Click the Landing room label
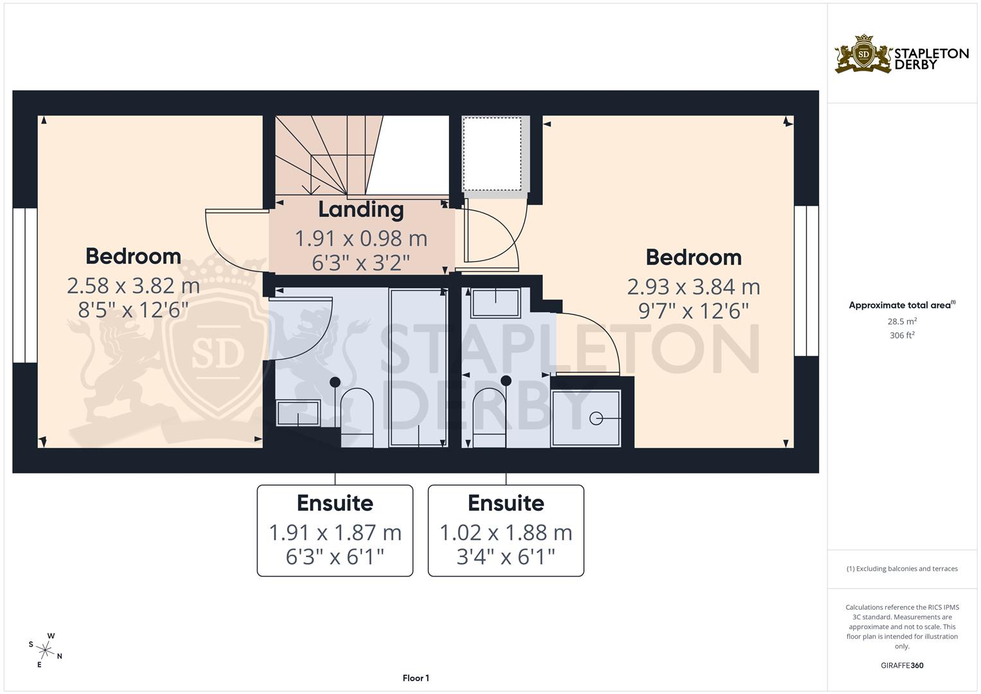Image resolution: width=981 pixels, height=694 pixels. coord(361,209)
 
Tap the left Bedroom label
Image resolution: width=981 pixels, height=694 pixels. coord(133,256)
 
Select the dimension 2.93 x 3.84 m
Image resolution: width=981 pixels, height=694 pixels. coord(693,287)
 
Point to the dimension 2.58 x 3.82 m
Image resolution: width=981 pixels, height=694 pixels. coord(133,286)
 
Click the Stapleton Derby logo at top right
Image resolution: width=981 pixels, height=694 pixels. coord(901,54)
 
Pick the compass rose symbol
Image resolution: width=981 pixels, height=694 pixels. coord(47,649)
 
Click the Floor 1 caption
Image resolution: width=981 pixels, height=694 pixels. coord(416,678)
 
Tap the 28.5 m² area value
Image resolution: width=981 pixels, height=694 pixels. coord(902,321)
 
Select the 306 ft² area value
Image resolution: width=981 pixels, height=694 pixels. coord(902,335)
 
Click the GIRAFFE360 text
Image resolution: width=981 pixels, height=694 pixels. coord(902,665)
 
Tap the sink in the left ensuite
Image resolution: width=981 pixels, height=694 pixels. coord(298,413)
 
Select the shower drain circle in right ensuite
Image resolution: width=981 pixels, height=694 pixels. coord(596,418)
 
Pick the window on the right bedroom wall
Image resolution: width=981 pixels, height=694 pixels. coord(806,281)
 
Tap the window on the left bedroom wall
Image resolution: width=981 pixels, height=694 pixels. coord(25,285)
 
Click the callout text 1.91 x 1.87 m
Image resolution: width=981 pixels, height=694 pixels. coord(335,533)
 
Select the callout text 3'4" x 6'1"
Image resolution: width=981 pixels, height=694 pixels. coord(506,556)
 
